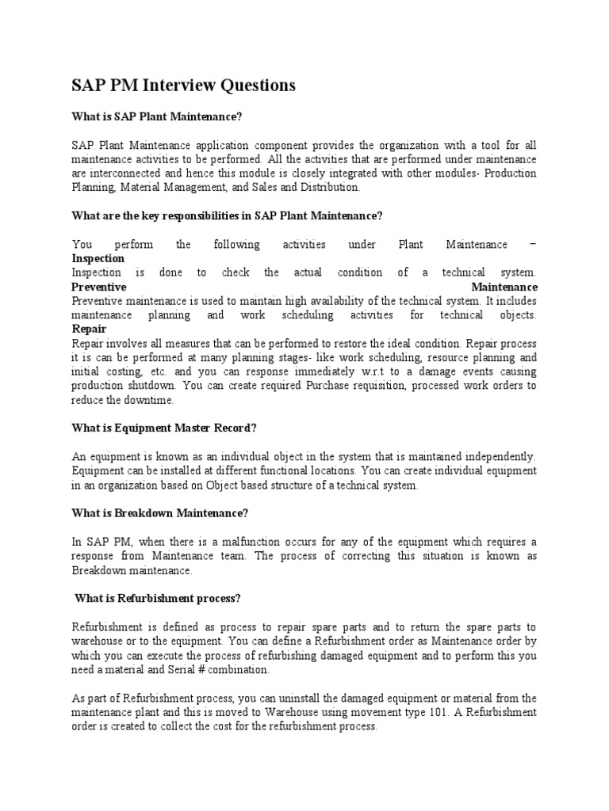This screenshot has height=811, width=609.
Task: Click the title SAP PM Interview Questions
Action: pos(184,85)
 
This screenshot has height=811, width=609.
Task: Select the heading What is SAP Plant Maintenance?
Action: pos(156,117)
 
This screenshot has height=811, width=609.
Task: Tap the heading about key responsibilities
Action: pos(228,216)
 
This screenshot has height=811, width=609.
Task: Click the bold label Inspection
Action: pos(98,259)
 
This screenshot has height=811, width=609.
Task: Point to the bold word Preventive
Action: pos(99,287)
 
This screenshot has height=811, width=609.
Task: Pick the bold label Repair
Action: pos(89,329)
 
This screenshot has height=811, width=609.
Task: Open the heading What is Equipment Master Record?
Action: pos(164,428)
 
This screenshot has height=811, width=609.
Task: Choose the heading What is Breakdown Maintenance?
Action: pos(160,513)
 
